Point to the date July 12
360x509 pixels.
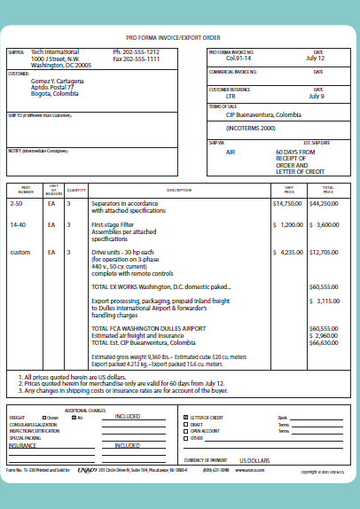[316, 59]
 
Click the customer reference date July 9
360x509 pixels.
[317, 96]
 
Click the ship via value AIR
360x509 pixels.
[231, 152]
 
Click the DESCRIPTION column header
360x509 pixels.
[178, 190]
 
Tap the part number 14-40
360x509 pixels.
[17, 225]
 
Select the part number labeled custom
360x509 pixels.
[20, 253]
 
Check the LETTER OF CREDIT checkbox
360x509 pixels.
[184, 416]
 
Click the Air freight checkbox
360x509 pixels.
[74, 416]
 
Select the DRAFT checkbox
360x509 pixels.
[184, 423]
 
